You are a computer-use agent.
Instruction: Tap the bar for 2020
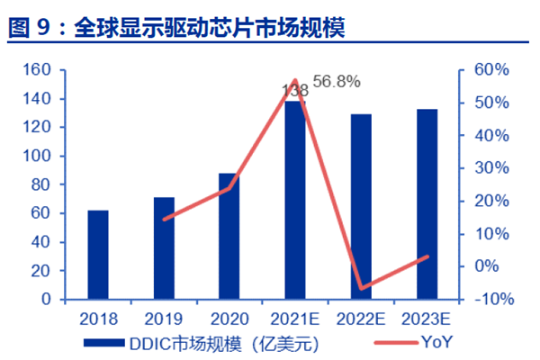click(229, 236)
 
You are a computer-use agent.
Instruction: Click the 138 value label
click(295, 90)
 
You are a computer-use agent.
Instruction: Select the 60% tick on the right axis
click(491, 69)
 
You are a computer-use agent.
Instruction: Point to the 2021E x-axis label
click(295, 319)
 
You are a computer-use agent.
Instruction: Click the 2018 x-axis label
click(98, 319)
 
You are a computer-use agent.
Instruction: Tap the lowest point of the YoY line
click(361, 289)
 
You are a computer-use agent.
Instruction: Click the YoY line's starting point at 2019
click(164, 219)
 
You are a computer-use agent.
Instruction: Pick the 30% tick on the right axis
click(491, 167)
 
